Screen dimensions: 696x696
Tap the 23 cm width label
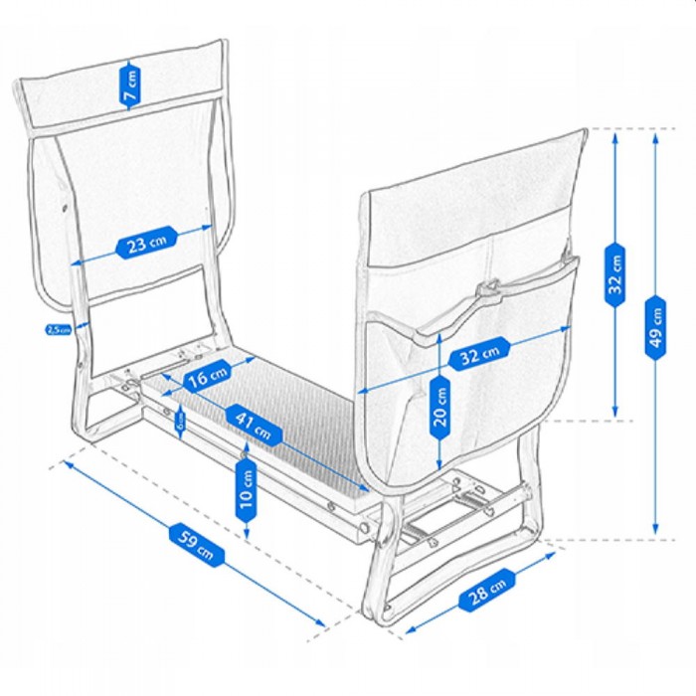146,244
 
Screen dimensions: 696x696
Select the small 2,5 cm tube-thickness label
58,329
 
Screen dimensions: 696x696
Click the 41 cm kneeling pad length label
253,424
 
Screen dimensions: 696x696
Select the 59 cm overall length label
192,543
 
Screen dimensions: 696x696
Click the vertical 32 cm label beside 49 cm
616,274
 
